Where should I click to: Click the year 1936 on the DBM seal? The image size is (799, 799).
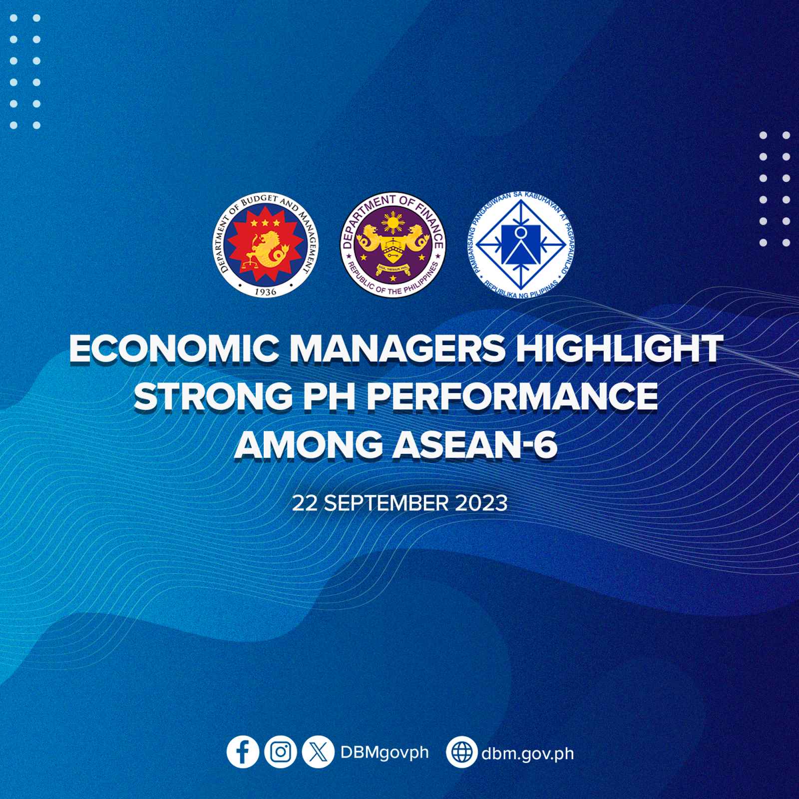(x=270, y=288)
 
